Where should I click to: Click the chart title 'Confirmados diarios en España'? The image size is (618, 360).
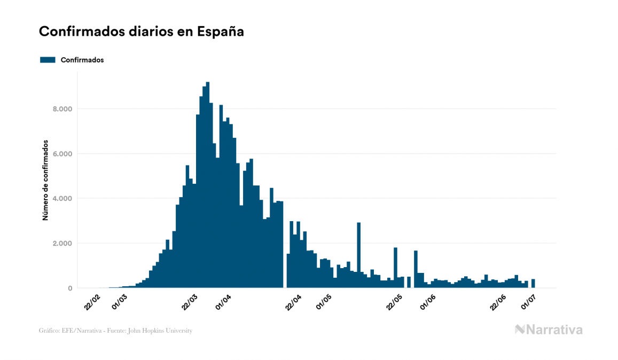coord(142,32)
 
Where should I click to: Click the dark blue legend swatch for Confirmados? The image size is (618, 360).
coord(48,60)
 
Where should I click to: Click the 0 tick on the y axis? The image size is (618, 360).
coord(69,288)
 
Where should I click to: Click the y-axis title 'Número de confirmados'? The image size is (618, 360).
coord(45,181)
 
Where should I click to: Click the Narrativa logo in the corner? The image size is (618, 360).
coord(549,330)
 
